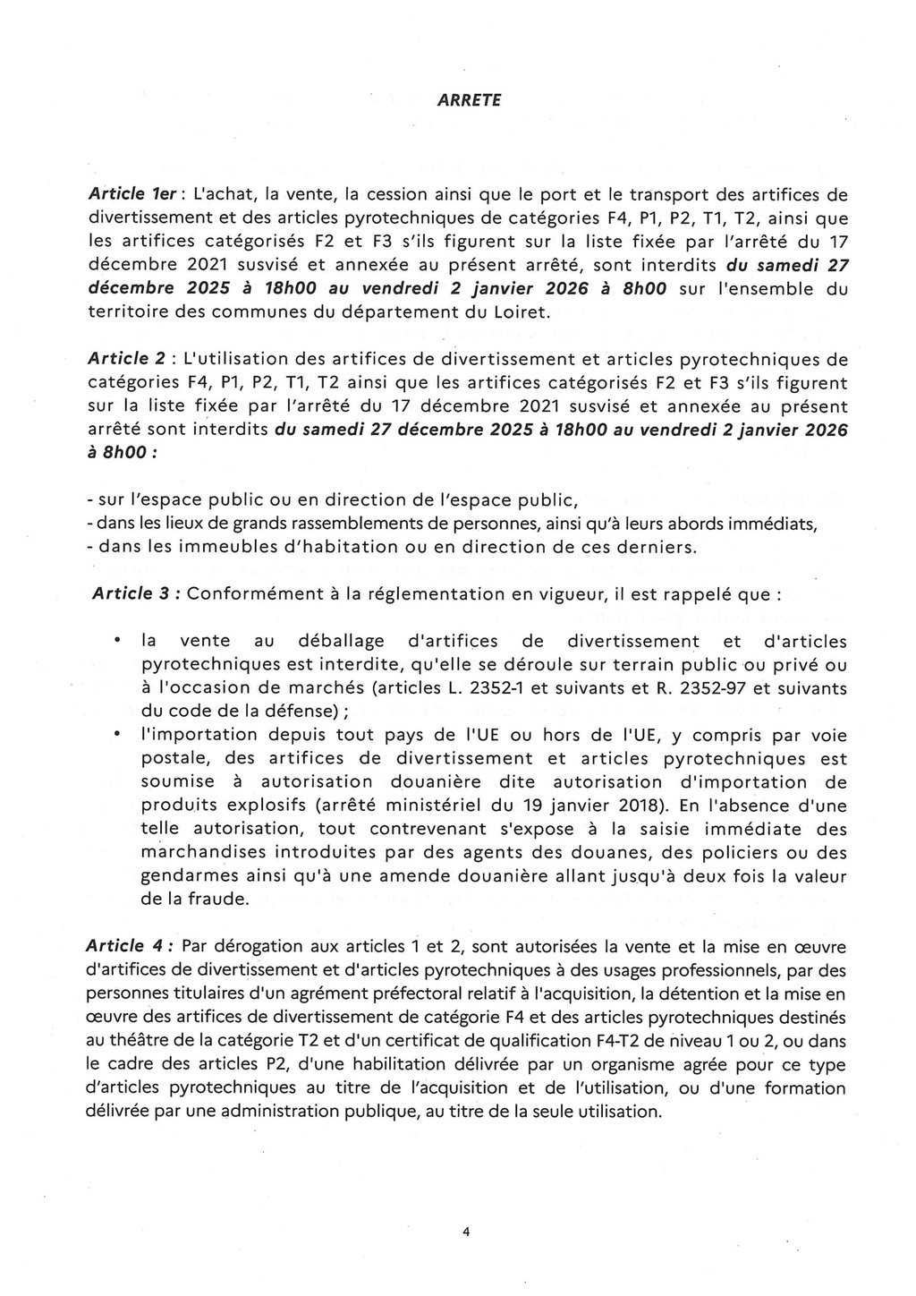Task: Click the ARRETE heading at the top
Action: point(470,101)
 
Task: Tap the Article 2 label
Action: point(126,359)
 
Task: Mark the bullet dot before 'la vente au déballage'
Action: point(117,642)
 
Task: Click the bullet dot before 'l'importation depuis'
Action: point(117,735)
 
